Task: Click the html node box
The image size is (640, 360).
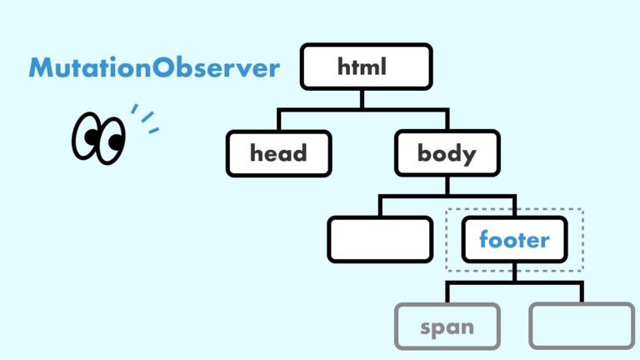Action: pyautogui.click(x=365, y=67)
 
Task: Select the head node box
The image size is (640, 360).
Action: pyautogui.click(x=278, y=153)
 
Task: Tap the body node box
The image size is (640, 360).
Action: pyautogui.click(x=447, y=153)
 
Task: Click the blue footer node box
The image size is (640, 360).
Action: pyautogui.click(x=514, y=240)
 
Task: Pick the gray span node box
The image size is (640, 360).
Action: pyautogui.click(x=447, y=326)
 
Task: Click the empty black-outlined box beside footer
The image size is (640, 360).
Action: pyautogui.click(x=380, y=240)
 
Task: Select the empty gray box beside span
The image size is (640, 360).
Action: pyautogui.click(x=581, y=326)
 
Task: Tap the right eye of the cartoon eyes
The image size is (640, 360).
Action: pyautogui.click(x=110, y=139)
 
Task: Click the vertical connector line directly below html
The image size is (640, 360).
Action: pyautogui.click(x=363, y=98)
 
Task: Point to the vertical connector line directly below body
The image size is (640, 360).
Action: pyautogui.click(x=447, y=186)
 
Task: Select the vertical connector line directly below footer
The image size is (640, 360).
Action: pyautogui.click(x=514, y=272)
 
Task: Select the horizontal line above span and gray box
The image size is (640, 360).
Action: pyautogui.click(x=514, y=283)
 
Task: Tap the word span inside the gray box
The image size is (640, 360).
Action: pyautogui.click(x=447, y=327)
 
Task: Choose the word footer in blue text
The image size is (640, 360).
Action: pyautogui.click(x=514, y=241)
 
